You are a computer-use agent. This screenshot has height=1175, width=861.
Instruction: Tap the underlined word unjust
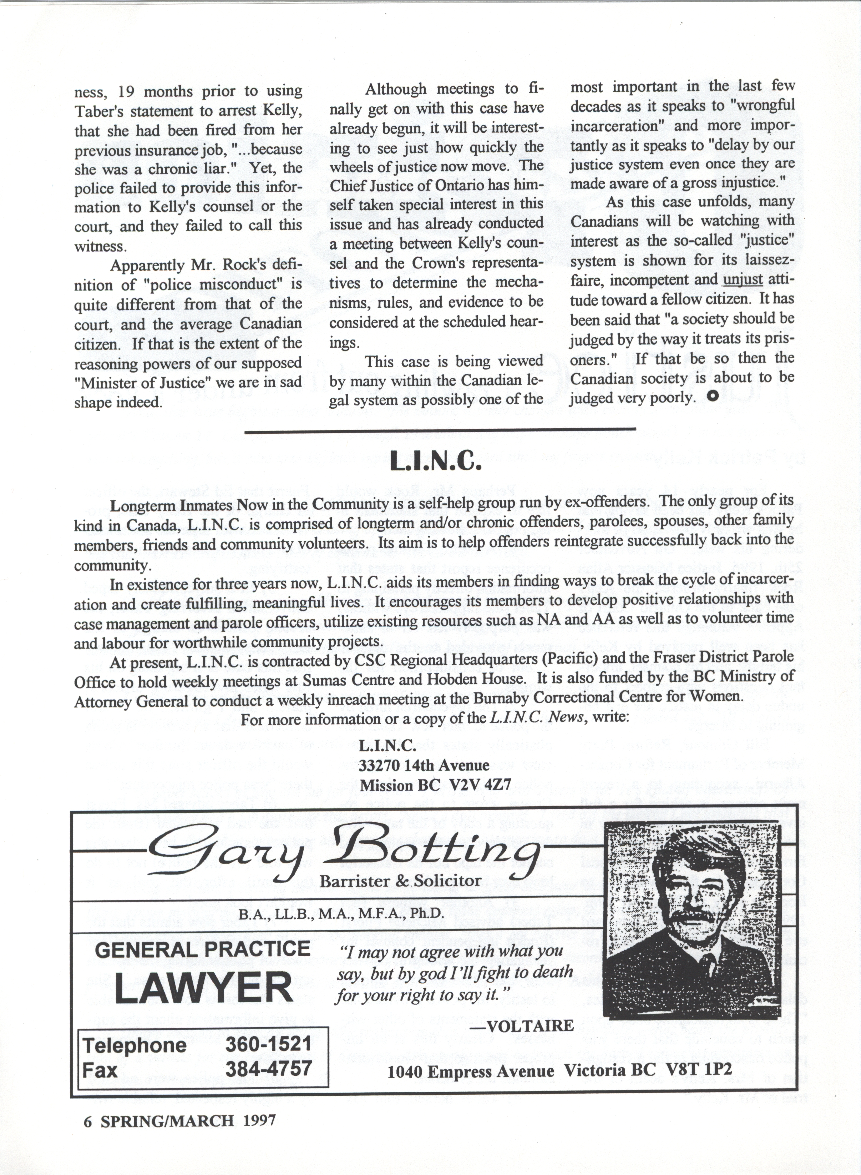743,280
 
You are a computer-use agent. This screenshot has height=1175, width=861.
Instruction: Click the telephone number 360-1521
268,1044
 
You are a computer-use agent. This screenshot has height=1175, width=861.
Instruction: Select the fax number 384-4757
268,1069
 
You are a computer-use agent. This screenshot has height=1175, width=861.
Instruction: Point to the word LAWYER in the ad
203,988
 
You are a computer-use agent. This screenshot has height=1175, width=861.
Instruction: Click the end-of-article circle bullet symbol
712,396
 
